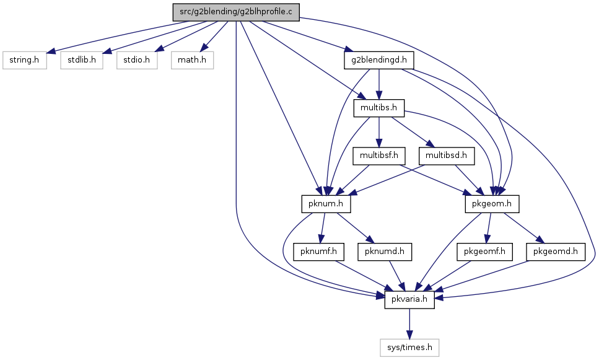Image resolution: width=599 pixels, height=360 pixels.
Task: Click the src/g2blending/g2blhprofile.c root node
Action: (x=236, y=12)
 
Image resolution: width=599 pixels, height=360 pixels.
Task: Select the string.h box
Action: (x=24, y=60)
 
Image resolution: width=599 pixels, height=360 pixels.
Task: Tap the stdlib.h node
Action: (x=81, y=60)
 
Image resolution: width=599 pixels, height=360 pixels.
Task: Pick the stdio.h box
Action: (x=137, y=60)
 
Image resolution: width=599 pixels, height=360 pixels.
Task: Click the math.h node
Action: (x=192, y=60)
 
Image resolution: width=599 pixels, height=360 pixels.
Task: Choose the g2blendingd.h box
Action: (x=379, y=60)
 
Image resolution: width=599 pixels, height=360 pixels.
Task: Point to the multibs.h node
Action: (x=379, y=108)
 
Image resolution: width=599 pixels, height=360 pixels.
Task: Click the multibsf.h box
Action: (x=379, y=156)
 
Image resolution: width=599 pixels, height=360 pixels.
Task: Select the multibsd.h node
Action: (x=446, y=156)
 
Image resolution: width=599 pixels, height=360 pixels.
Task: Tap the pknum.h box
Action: (x=326, y=204)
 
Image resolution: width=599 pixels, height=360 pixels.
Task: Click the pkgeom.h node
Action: (x=492, y=204)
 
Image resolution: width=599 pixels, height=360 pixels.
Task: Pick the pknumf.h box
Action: (x=318, y=252)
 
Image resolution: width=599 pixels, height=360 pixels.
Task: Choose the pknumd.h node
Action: (x=385, y=252)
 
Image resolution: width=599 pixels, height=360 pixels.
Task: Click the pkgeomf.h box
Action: (x=484, y=252)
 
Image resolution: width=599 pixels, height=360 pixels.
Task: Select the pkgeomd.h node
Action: (x=556, y=252)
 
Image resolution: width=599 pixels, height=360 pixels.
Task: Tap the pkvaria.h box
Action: (x=409, y=300)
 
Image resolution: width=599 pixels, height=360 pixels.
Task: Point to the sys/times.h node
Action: (x=409, y=348)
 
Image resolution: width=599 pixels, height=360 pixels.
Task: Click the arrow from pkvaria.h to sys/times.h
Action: (x=409, y=323)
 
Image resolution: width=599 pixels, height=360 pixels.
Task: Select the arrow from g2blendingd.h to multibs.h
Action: (x=379, y=84)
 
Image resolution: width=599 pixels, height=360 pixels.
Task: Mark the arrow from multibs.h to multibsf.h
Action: (x=379, y=132)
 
